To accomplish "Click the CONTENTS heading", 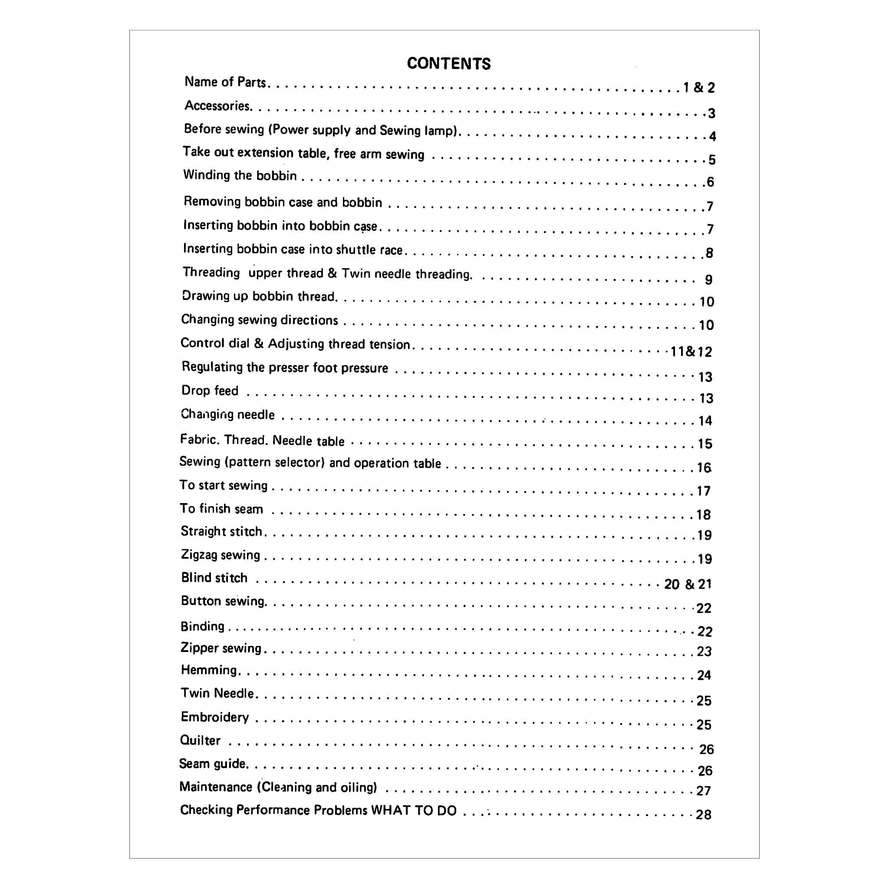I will pos(449,63).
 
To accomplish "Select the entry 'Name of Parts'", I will pos(225,82).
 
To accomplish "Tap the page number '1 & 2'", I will pos(698,87).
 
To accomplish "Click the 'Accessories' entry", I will pos(217,106).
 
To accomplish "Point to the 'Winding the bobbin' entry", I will pos(240,175).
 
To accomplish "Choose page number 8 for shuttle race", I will pos(710,253).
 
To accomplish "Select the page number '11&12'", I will pos(691,352).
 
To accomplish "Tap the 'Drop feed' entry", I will pos(210,391).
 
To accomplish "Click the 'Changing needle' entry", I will pos(228,414).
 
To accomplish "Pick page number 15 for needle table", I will pos(705,444).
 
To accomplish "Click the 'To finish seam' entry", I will pos(221,508).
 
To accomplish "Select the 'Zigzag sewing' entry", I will pos(221,555).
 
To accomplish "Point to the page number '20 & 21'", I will pos(688,584).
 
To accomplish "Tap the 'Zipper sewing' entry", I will pos(221,648).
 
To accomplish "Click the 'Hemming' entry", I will pos(209,670).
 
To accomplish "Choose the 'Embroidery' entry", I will pos(214,717).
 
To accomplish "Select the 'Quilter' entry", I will pos(200,741).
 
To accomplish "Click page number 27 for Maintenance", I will pos(704,791).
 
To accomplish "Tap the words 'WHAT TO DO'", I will pos(414,810).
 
